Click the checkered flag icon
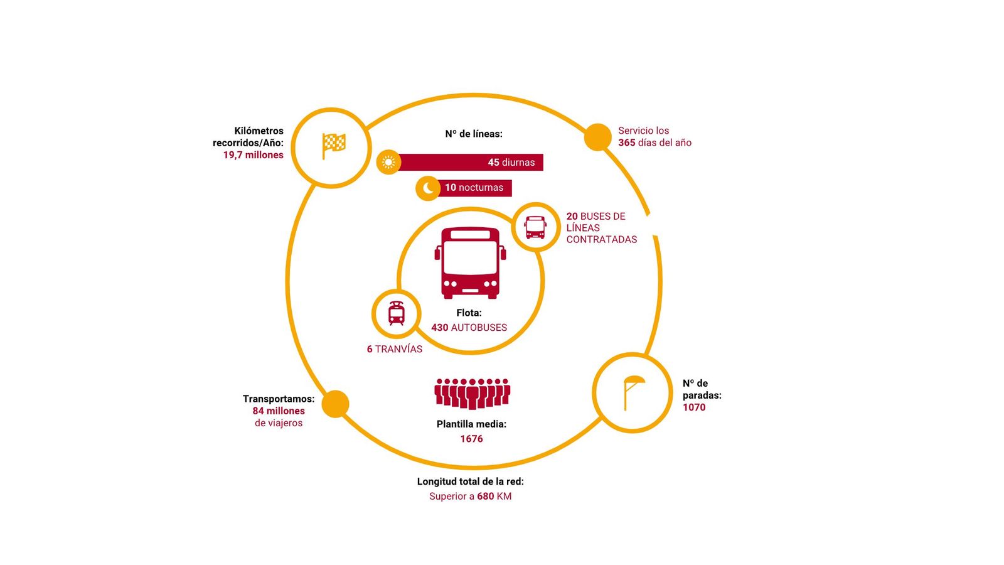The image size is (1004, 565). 333,146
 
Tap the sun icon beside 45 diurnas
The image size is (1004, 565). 388,163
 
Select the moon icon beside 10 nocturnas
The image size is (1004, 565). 428,188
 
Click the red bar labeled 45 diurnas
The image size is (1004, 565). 471,163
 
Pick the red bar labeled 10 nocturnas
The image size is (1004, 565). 475,188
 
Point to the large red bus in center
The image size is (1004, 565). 470,262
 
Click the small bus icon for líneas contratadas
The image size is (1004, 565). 535,227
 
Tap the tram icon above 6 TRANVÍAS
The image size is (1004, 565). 396,313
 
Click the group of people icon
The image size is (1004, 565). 472,393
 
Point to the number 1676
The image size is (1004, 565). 471,439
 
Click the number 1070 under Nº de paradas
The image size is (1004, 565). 694,407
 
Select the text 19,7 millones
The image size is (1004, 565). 253,155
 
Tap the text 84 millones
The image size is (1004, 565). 279,411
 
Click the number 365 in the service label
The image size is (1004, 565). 626,143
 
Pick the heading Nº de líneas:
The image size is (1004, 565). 474,134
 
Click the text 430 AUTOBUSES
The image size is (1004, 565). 469,328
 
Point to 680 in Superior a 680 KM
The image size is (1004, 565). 485,497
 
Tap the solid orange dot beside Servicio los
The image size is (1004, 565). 597,137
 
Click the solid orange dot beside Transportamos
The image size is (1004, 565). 335,404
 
